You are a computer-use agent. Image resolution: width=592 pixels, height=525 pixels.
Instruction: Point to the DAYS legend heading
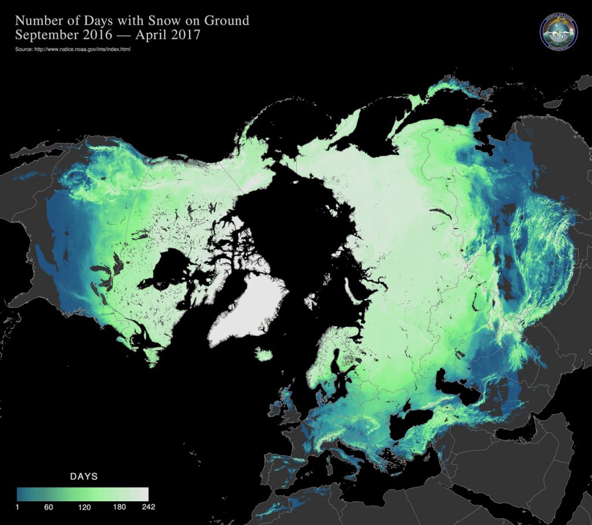[x=84, y=477]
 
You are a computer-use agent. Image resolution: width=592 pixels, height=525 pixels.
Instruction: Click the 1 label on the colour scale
[x=18, y=507]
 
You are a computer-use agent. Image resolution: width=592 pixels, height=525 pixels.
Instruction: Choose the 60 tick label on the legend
[x=49, y=507]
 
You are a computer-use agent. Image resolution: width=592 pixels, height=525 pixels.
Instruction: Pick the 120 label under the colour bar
[x=84, y=507]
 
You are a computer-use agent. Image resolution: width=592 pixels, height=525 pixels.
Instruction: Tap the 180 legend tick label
[x=119, y=507]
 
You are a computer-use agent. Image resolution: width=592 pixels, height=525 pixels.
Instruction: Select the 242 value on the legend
[x=148, y=507]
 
